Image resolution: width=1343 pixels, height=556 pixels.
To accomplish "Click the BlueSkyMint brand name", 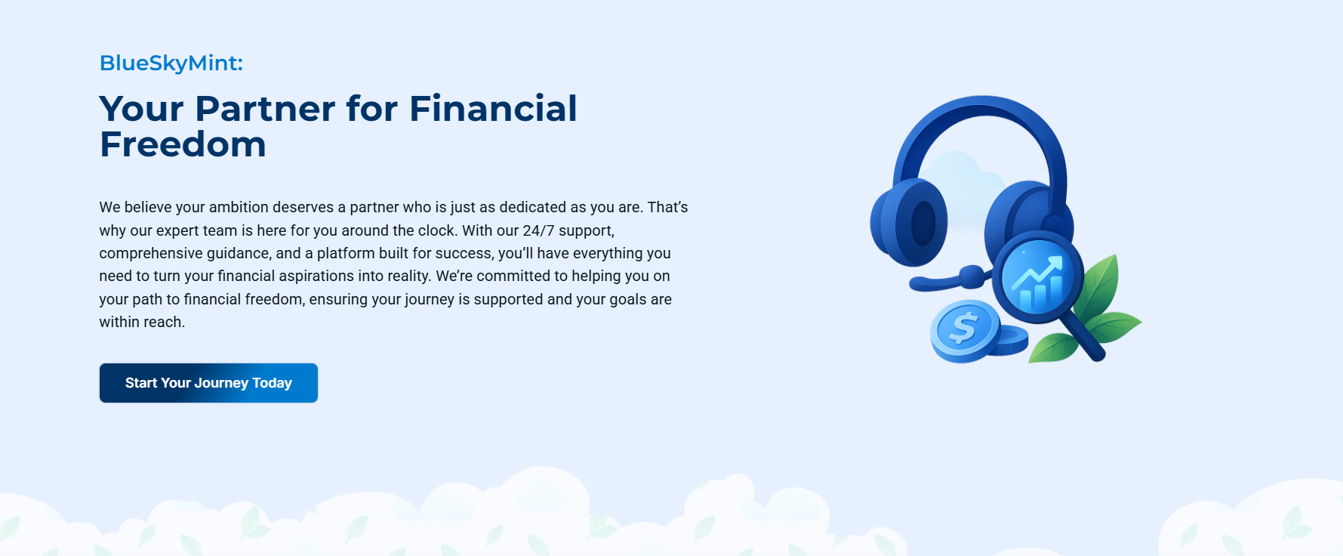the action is tap(171, 63).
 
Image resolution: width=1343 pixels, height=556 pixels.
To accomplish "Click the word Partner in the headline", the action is tap(265, 109).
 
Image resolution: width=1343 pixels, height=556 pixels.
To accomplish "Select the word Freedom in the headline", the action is tap(183, 144).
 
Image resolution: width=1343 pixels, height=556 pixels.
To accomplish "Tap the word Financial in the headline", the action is tap(493, 109).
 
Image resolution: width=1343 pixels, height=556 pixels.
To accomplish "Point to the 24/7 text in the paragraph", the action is tap(538, 230).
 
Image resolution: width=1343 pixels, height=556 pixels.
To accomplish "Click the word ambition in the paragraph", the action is tap(239, 207).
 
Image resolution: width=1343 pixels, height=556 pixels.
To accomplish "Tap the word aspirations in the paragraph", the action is tap(323, 276).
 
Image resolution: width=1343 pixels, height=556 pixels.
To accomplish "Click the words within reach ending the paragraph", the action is tap(142, 323).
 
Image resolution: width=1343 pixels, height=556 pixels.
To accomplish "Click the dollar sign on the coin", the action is tap(963, 329).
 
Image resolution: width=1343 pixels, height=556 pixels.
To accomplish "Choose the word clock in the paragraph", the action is tap(436, 230).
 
